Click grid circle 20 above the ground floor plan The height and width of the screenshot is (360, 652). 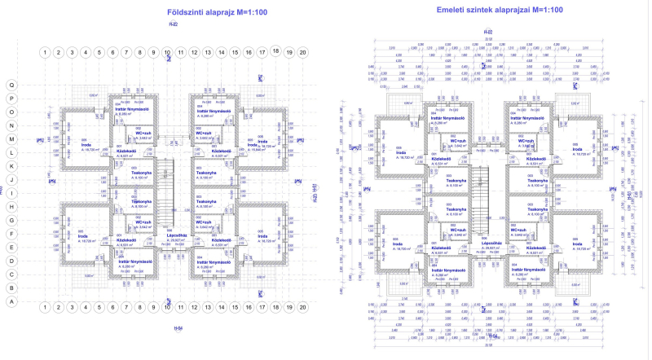(x=302, y=52)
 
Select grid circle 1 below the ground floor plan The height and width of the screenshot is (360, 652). (x=45, y=306)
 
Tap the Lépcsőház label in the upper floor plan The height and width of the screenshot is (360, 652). (x=490, y=242)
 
